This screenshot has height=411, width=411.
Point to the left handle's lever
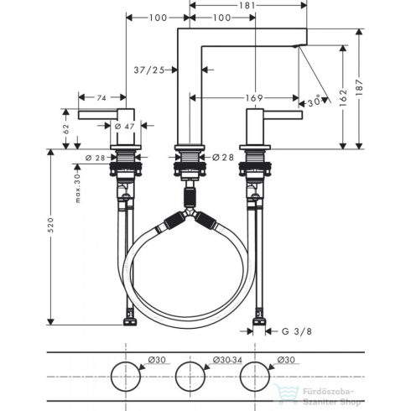(x=96, y=113)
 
